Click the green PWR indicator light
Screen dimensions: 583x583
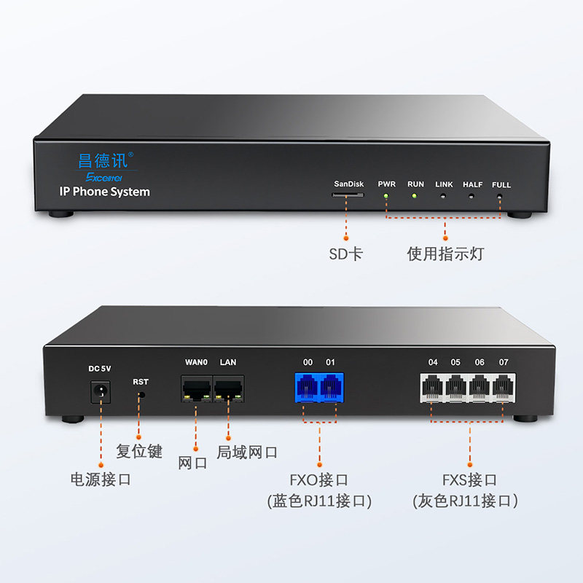386,197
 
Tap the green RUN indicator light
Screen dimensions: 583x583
415,197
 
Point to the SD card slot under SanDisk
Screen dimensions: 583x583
348,195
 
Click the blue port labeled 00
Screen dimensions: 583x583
308,386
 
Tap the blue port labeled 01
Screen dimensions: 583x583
331,386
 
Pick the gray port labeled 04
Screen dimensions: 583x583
433,387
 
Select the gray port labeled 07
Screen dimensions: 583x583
503,387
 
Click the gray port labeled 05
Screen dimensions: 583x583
456,387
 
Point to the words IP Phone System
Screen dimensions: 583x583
104,192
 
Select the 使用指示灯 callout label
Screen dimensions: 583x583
445,254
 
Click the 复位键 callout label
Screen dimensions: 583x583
139,450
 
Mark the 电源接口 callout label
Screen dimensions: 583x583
100,479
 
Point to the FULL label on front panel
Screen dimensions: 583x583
501,184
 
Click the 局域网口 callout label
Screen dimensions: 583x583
247,452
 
